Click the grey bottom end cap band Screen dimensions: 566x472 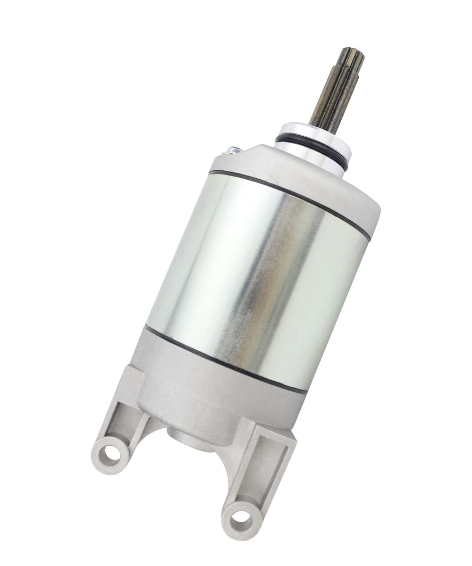[212, 387]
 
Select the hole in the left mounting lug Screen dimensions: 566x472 [113, 455]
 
